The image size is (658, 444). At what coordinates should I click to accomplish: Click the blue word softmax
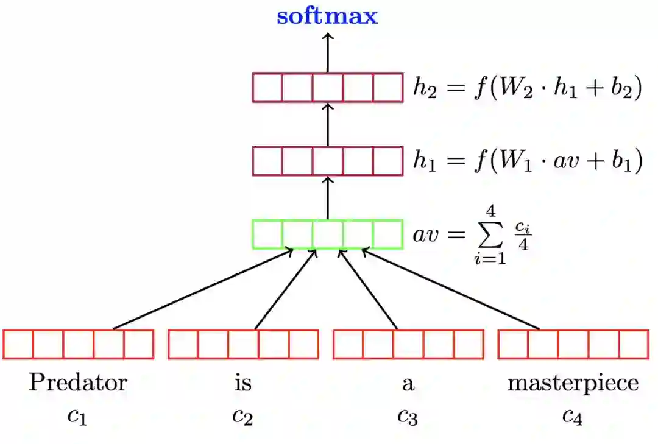pos(327,16)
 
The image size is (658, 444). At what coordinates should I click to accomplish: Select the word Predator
pos(78,383)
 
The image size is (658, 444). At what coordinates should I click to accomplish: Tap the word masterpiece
pos(573,383)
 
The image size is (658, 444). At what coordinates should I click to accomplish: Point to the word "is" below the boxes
pos(242,383)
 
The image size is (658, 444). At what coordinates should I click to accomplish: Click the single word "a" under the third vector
pos(408,384)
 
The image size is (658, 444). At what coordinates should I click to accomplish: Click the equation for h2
pos(528,89)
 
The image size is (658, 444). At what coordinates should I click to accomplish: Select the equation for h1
pos(528,162)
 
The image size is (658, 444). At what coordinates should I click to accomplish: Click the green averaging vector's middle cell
pos(328,234)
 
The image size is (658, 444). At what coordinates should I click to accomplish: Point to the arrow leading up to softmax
pos(328,52)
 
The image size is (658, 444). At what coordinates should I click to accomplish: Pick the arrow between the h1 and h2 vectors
pos(328,124)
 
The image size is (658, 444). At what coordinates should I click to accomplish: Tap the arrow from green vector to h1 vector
pos(328,197)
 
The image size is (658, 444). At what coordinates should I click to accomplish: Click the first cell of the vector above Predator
pos(18,344)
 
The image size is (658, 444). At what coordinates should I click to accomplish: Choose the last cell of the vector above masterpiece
pos(633,344)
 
